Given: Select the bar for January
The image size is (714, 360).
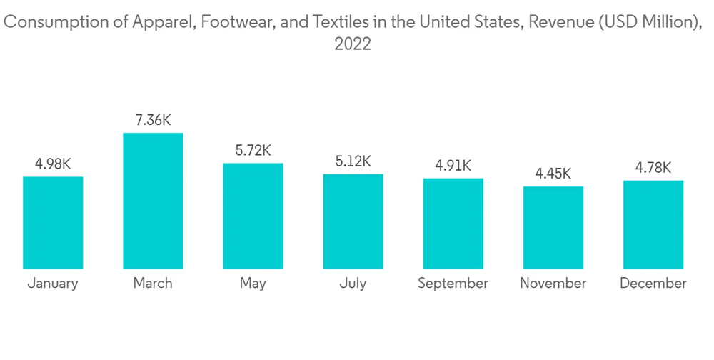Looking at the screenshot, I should (53, 222).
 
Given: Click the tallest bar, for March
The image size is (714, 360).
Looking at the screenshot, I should (153, 201).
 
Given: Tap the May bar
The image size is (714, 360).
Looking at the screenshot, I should (253, 216).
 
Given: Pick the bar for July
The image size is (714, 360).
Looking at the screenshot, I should (353, 221).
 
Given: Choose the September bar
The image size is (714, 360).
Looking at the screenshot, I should (453, 223).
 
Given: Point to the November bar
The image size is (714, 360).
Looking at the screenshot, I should (553, 227).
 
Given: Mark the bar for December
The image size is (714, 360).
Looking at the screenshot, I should (653, 224).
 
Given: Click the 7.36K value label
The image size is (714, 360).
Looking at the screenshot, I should (153, 119).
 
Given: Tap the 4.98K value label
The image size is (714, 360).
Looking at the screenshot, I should (53, 164).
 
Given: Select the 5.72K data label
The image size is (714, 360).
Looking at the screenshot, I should (253, 150).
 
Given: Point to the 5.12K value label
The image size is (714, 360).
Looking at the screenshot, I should (353, 161).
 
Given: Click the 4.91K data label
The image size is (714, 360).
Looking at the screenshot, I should (453, 165).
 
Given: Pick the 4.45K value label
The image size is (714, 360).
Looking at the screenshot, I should (553, 174).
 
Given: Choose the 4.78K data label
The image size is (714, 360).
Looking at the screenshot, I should (653, 167).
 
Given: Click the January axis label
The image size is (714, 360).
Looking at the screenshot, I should (53, 283).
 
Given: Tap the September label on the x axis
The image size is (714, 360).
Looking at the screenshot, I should (453, 283).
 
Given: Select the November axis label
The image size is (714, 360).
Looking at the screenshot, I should (553, 283).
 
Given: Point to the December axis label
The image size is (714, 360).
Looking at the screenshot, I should (653, 283).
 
